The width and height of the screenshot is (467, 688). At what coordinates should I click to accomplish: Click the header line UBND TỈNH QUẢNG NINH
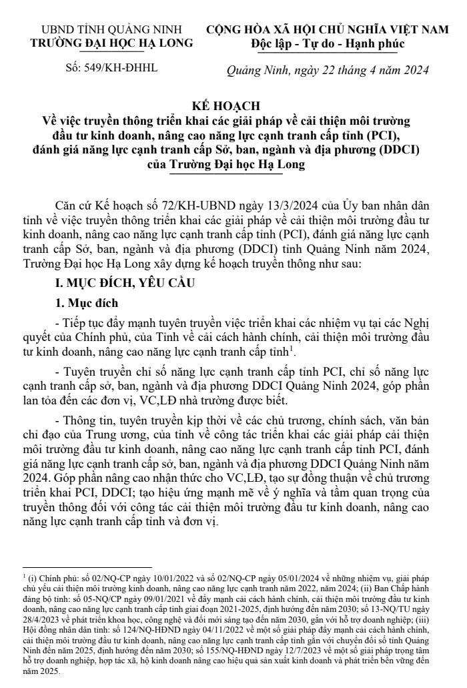pyautogui.click(x=111, y=30)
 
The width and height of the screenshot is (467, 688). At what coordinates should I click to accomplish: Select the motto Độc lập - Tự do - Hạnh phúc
pyautogui.click(x=328, y=44)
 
